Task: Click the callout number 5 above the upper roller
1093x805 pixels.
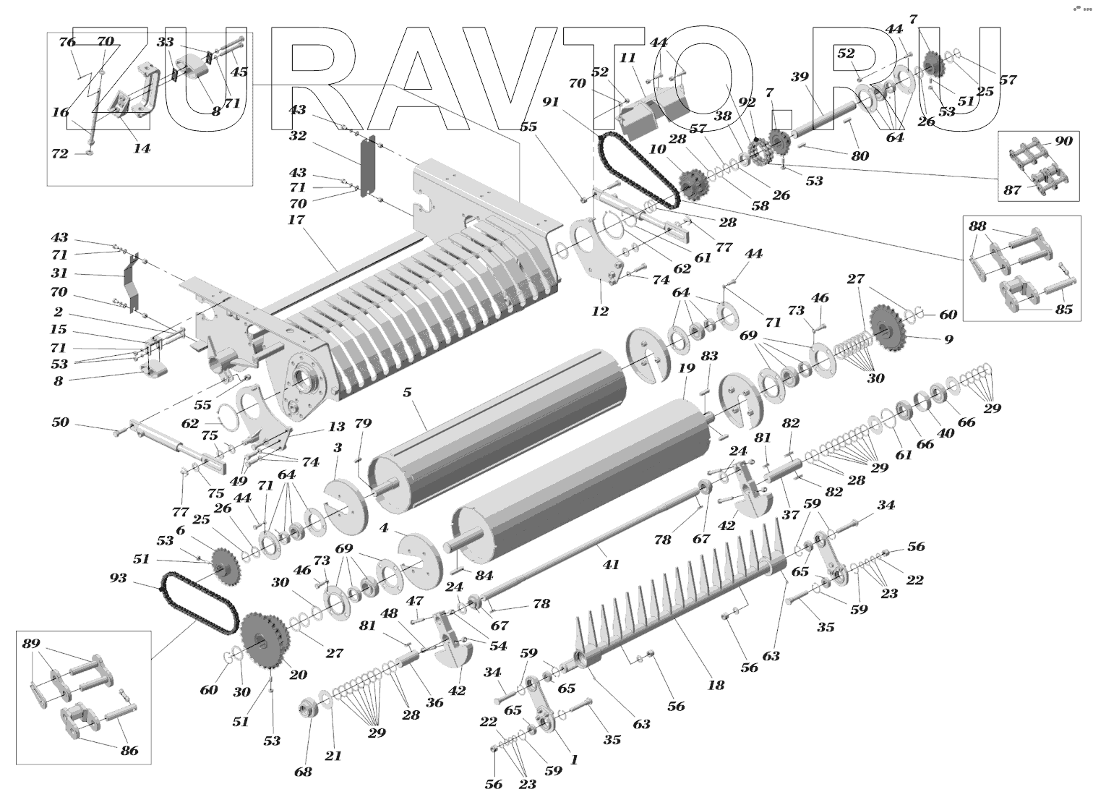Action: tap(408, 393)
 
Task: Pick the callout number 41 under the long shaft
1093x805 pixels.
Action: tap(610, 565)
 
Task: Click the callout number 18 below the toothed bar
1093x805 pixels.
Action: tap(716, 686)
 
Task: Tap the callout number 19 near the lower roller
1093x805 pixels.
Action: tap(687, 368)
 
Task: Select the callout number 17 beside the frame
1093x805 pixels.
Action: tap(296, 220)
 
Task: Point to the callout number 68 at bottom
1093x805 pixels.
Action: tap(303, 772)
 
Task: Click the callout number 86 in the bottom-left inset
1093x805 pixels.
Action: tap(129, 750)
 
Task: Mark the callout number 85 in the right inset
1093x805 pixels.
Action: tap(1064, 309)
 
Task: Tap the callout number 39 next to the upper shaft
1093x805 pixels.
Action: tap(800, 77)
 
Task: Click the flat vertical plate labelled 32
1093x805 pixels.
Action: tap(367, 166)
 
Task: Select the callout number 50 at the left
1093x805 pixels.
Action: tap(61, 422)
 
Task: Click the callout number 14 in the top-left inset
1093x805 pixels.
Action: tap(142, 148)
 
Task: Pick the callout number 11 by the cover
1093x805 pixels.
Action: tap(627, 58)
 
